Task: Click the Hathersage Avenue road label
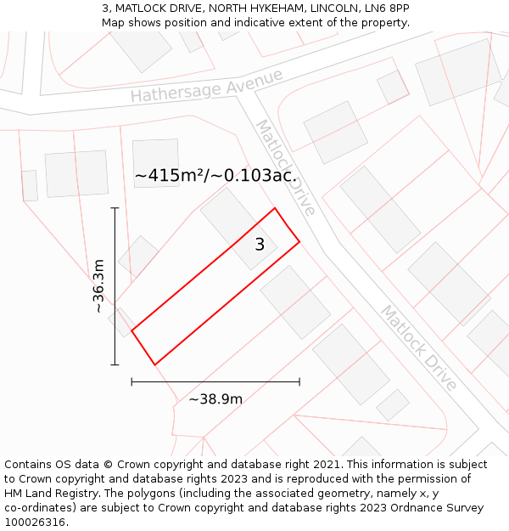[206, 87]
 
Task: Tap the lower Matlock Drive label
[417, 347]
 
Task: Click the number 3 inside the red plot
[260, 245]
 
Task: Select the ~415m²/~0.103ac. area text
[215, 176]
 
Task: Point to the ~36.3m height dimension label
[99, 286]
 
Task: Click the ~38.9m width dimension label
[215, 399]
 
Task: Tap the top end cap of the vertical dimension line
[115, 207]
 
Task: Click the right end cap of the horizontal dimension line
[299, 381]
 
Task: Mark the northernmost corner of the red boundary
[275, 208]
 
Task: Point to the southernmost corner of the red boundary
[155, 365]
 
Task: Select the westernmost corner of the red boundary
[131, 330]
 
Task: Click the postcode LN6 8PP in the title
[388, 8]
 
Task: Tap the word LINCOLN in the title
[333, 8]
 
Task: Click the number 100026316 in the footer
[34, 523]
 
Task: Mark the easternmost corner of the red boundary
[299, 242]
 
